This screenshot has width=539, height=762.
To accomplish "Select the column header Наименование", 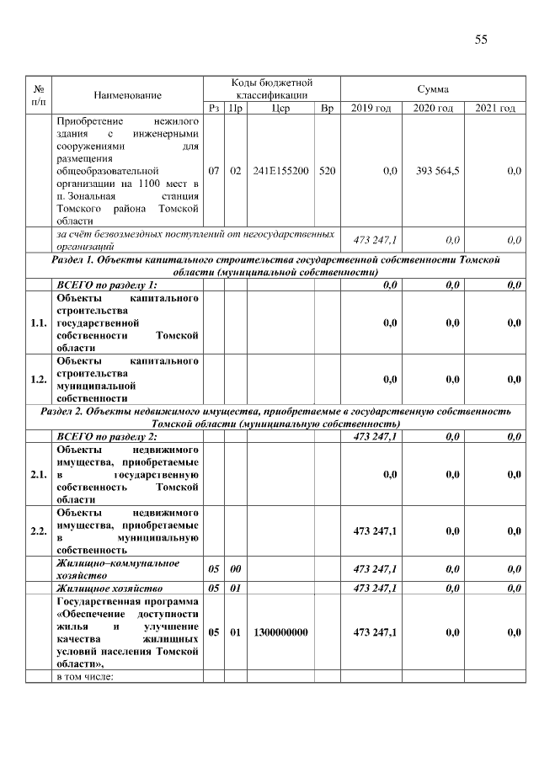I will coord(127,95).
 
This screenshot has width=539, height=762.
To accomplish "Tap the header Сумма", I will coord(432,88).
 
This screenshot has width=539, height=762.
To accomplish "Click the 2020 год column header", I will coord(432,109).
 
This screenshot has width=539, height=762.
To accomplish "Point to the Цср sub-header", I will coord(281,109).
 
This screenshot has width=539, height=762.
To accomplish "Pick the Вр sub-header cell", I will coord(327,109).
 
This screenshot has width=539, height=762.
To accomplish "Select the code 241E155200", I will coord(281,171).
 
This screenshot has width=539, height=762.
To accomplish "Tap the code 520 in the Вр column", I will coord(327,171).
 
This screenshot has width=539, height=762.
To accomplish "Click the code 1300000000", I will coord(281,632).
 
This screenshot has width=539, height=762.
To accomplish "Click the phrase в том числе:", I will coord(84,676).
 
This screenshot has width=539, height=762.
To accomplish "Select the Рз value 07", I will coord(214,171).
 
